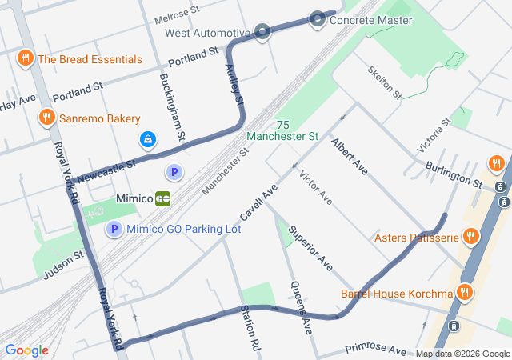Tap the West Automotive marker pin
[x=263, y=33]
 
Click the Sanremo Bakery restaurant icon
[x=47, y=118]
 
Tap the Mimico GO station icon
[x=163, y=198]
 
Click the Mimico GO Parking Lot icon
[x=114, y=230]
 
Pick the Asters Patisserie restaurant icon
[x=470, y=237]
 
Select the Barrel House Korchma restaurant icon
[x=464, y=294]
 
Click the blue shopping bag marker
[x=147, y=140]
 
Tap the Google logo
[x=26, y=350]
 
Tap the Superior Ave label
[x=310, y=246]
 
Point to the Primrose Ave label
[x=375, y=350]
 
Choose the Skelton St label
[x=384, y=82]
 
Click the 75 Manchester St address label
[x=282, y=131]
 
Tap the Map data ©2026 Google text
[x=462, y=354]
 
